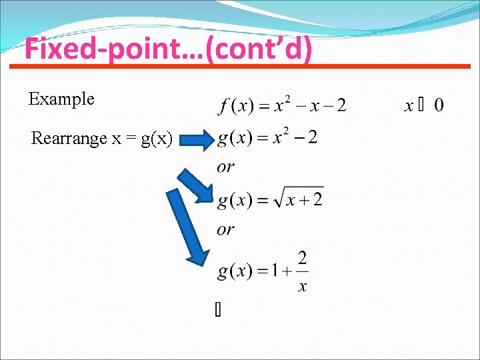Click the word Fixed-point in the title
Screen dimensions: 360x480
[x=94, y=50]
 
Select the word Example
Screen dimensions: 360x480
[x=61, y=99]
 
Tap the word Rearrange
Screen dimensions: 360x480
[x=69, y=139]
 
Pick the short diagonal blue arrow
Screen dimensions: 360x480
[x=194, y=185]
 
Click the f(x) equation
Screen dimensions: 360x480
[x=282, y=105]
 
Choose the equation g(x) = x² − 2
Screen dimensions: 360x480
[x=267, y=139]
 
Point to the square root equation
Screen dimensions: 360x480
[x=270, y=199]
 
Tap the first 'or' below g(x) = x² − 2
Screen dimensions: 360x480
[x=225, y=167]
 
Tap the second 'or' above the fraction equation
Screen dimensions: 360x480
[x=225, y=229]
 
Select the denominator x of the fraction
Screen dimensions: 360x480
[x=302, y=287]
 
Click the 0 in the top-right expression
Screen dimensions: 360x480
[x=439, y=105]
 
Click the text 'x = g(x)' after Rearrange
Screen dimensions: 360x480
[x=142, y=139]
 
